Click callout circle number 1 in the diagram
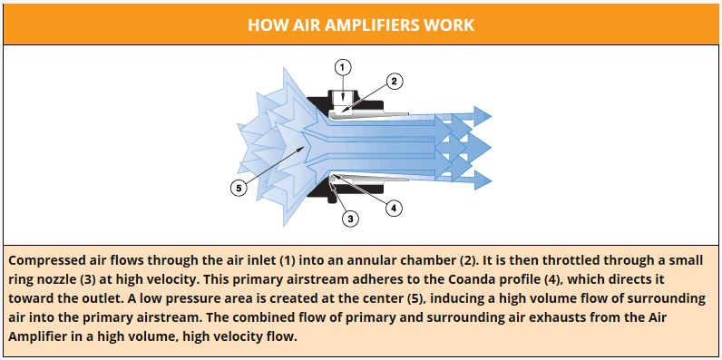[342, 66]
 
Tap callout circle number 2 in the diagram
[394, 81]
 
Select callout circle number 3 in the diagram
[348, 217]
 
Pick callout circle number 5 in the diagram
[239, 189]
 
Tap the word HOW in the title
[267, 24]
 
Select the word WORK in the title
[450, 24]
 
